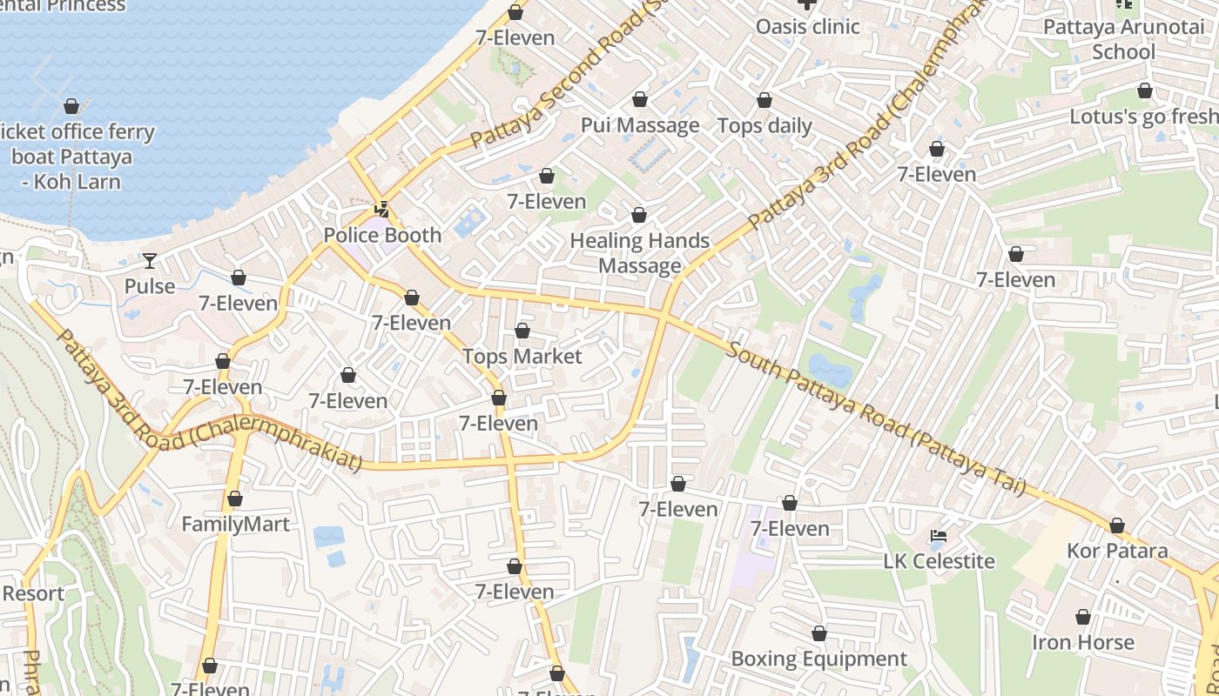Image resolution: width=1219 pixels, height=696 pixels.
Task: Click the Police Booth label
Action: [382, 235]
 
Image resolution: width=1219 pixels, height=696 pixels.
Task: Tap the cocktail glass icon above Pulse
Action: [150, 260]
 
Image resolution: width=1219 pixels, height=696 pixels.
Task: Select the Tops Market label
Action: [522, 356]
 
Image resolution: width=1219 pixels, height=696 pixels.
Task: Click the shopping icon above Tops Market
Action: [522, 331]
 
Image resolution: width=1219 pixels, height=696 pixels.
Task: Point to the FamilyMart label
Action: [235, 525]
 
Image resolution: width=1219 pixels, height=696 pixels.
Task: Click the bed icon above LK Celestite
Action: [939, 535]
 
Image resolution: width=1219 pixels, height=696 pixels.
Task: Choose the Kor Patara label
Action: [1117, 551]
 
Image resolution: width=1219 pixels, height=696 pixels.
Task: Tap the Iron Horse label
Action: [1083, 642]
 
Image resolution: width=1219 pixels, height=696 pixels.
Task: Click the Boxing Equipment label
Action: [818, 659]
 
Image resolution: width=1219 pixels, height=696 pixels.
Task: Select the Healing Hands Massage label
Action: [640, 252]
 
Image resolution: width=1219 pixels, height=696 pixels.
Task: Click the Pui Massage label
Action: [640, 125]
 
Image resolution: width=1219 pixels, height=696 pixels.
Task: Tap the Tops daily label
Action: [764, 125]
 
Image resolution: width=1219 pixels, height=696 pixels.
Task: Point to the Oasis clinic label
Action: [807, 26]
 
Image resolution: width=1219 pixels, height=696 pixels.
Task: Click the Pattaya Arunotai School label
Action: [1123, 39]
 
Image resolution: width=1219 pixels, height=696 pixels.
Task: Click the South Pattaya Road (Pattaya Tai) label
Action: [876, 418]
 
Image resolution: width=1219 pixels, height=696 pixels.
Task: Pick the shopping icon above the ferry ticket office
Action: [71, 106]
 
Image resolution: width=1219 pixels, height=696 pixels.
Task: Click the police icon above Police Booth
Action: [381, 209]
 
